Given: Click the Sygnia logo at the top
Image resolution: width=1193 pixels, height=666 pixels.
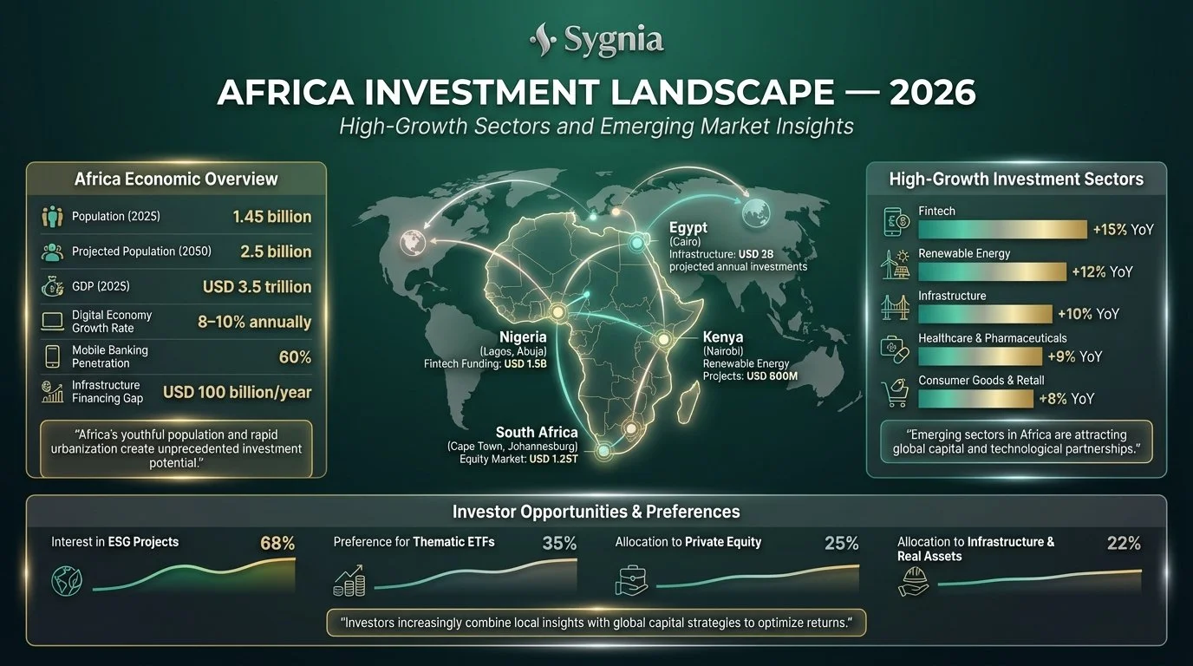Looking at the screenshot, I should (x=596, y=39).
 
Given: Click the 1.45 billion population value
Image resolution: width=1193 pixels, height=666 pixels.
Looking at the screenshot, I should (x=271, y=217).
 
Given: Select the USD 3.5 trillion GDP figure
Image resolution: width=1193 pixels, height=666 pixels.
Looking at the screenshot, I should (x=257, y=286).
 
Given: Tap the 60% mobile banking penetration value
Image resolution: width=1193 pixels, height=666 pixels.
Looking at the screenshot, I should (x=294, y=356).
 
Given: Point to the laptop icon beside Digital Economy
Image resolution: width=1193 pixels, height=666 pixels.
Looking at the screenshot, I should (x=52, y=322).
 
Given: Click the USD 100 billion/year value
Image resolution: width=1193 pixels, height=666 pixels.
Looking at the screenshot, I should (x=237, y=392).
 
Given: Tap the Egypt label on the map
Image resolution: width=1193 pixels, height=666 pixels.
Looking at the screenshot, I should (x=688, y=228).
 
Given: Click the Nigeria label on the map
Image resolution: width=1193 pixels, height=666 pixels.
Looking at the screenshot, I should (x=523, y=337).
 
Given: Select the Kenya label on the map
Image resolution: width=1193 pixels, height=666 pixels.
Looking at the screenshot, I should (x=723, y=337).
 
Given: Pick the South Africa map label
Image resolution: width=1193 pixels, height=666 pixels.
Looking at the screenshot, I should (x=536, y=432).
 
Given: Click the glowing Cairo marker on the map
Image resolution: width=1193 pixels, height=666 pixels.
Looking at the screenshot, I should (x=636, y=245).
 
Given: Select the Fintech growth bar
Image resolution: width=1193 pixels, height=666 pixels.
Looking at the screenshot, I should (x=1001, y=229).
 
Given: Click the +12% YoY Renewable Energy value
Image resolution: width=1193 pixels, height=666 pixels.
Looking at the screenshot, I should (x=1101, y=271).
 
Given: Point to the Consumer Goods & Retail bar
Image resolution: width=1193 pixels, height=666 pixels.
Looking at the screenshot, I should (x=975, y=398).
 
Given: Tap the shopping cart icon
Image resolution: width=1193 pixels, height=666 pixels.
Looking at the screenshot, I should (x=894, y=394).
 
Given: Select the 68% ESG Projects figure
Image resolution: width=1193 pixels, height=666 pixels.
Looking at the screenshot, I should (x=277, y=544).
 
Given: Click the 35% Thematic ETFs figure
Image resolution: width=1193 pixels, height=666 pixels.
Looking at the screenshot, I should (x=559, y=544).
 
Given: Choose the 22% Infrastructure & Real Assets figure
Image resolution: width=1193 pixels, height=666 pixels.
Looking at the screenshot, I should (x=1124, y=544).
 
